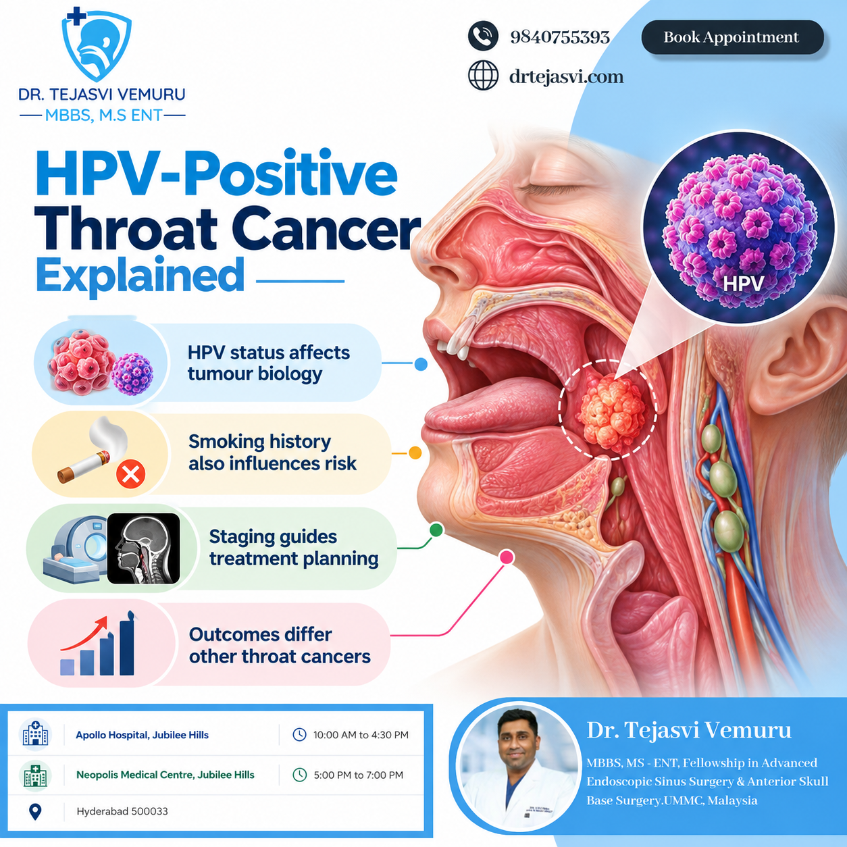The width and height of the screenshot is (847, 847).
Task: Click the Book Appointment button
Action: tap(732, 37)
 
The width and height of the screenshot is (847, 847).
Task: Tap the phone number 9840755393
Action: tap(560, 37)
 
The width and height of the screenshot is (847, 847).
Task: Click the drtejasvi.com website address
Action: tap(566, 76)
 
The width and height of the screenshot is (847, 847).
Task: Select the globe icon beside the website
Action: tap(483, 76)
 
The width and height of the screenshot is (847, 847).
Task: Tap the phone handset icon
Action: tap(483, 36)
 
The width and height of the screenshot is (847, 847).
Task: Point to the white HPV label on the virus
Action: tap(743, 283)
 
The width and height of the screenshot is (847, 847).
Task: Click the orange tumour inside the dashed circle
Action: tap(611, 412)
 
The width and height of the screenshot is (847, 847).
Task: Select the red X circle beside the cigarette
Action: tap(130, 474)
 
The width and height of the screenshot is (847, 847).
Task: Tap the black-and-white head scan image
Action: tap(143, 548)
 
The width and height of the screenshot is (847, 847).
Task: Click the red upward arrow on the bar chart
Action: tap(84, 634)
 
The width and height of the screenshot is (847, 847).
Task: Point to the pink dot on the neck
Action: tap(507, 557)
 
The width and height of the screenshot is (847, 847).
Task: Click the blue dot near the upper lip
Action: tap(421, 364)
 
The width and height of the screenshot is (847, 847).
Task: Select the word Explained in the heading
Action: tap(140, 275)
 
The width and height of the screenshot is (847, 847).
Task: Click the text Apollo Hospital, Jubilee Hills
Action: tap(142, 735)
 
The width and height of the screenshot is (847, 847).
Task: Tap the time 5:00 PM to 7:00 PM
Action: tap(358, 775)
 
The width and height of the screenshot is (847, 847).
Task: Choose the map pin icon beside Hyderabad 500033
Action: tap(35, 811)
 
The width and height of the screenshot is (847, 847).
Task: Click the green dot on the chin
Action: tap(436, 530)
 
